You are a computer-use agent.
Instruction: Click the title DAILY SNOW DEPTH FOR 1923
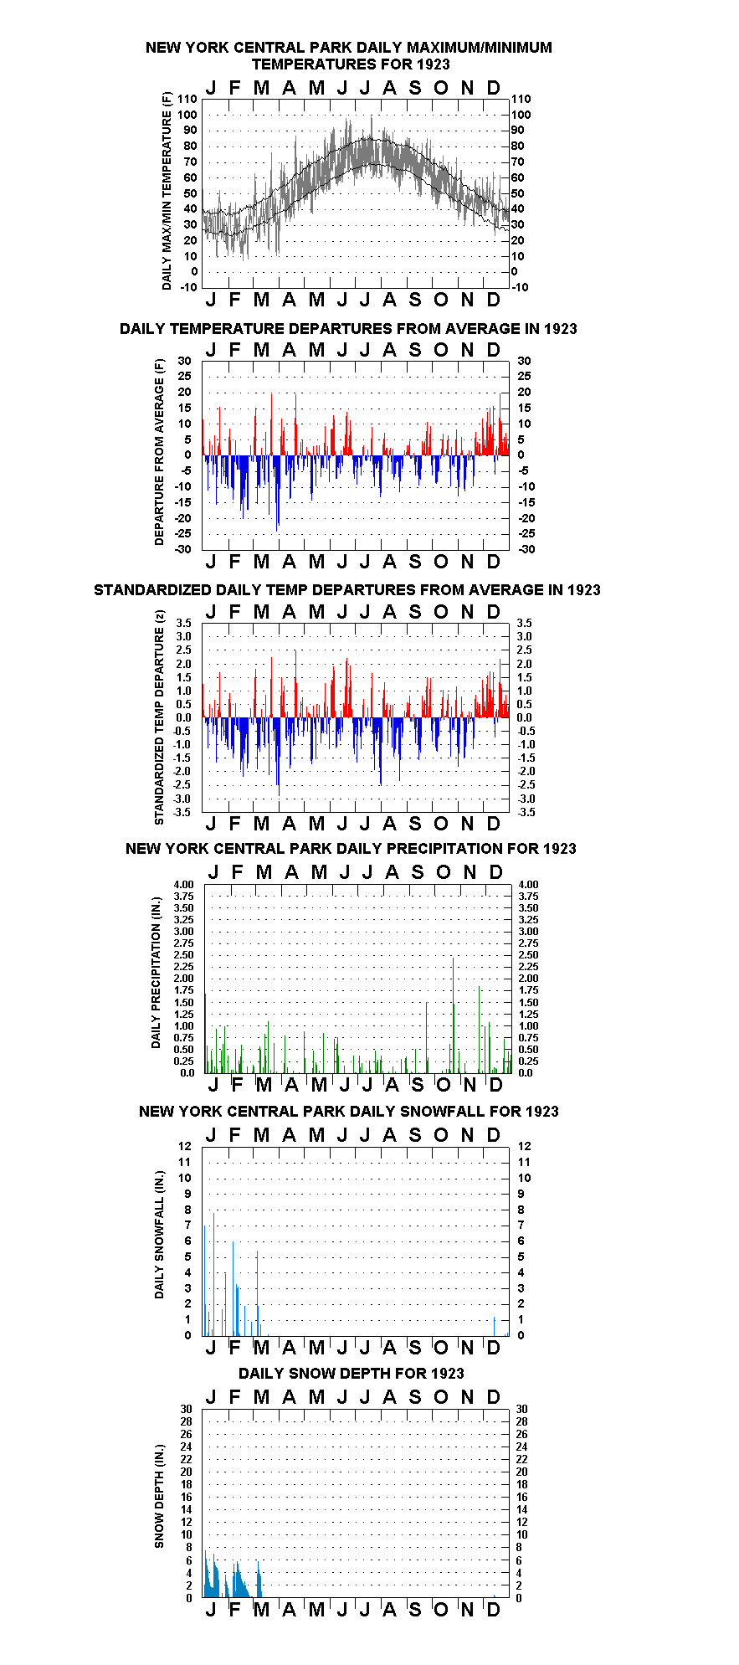pos(351,1373)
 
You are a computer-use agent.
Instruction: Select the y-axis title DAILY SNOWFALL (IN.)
pos(160,1235)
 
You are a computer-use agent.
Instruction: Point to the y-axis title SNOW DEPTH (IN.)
pos(160,1496)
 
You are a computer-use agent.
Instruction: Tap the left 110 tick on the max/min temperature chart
pos(187,100)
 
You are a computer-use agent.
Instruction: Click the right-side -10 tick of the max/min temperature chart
pos(520,287)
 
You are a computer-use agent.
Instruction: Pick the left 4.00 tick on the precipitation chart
pos(184,884)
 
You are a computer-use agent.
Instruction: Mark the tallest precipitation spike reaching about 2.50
pos(453,1015)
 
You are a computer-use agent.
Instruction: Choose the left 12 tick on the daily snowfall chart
pos(185,1146)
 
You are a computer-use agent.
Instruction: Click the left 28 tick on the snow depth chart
pos(186,1421)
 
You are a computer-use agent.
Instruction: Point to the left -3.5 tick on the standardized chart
pos(183,812)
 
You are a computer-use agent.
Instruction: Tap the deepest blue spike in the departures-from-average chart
pos(277,493)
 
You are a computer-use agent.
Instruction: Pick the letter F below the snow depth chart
pos(234,1610)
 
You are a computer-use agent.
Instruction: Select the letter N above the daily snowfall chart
pos(467,1135)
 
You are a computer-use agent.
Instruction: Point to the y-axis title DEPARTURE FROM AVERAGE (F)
pos(160,452)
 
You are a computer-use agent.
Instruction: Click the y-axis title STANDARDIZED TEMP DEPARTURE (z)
pos(160,717)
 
